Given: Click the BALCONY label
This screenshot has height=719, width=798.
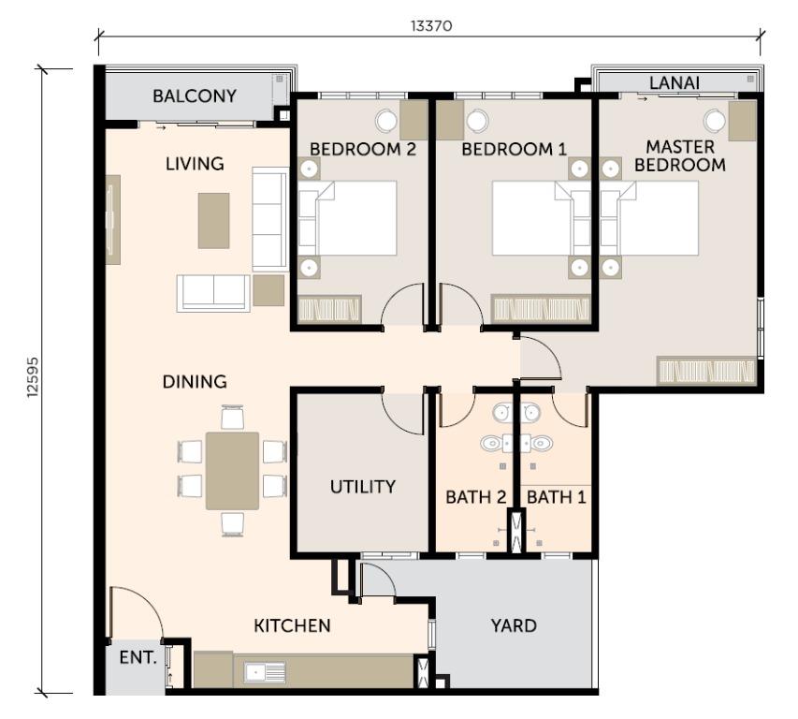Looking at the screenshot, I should point(195,95).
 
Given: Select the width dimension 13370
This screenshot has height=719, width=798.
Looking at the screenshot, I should point(430,26).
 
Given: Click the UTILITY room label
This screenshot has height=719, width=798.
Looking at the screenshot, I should point(362,487).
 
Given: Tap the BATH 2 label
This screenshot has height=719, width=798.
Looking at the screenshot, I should point(475,497).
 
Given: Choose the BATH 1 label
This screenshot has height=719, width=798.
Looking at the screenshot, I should point(557,497).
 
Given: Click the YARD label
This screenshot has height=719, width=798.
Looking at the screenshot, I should point(514,625).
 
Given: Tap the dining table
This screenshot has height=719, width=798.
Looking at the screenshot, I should point(232,470).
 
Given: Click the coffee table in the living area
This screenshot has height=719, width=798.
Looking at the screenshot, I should point(213,220).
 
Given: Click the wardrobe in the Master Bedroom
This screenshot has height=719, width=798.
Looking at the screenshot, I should point(706,371).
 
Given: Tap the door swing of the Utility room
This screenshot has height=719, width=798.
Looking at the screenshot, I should point(404,410).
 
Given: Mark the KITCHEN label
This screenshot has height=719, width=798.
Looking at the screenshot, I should point(292,625).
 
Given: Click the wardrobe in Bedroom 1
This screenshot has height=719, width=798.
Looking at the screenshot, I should point(542,309).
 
